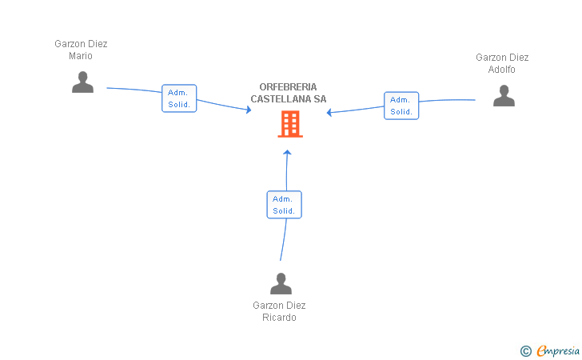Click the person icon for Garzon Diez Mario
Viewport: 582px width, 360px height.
[83, 82]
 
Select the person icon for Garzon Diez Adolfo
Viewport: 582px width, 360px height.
[504, 95]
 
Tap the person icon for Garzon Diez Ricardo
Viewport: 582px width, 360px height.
[281, 283]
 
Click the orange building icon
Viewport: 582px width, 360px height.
[290, 124]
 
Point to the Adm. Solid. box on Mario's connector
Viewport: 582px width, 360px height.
[179, 98]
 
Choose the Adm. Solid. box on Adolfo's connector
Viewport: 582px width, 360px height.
[401, 106]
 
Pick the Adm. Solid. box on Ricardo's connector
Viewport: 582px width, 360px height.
[284, 205]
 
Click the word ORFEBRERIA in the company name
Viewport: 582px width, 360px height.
[288, 87]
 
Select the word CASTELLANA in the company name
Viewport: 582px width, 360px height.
[281, 99]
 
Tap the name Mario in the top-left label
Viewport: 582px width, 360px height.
[81, 56]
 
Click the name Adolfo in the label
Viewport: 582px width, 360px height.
[501, 70]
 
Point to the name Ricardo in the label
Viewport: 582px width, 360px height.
[279, 318]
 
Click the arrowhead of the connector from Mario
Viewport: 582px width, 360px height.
[249, 110]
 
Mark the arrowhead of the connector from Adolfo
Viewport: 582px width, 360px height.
[329, 112]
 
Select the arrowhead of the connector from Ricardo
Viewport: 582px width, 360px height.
[287, 151]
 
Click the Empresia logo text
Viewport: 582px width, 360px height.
[558, 350]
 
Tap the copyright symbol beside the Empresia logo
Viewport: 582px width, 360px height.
[525, 351]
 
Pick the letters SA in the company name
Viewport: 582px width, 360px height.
[320, 99]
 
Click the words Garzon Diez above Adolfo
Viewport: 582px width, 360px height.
[502, 58]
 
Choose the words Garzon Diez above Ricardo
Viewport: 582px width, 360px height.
[279, 306]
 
